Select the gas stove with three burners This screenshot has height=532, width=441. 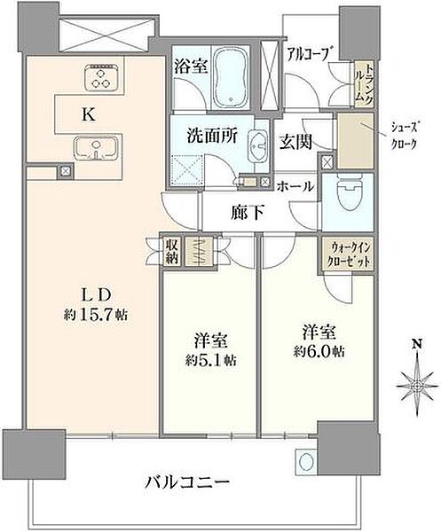tap(101, 78)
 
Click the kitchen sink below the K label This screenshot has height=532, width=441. tap(98, 149)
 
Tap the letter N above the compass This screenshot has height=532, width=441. tap(418, 344)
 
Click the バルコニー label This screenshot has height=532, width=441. tap(187, 482)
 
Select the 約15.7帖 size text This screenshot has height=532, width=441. tap(96, 315)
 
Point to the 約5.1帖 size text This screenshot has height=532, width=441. tap(211, 360)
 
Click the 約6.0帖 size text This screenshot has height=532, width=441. tap(319, 351)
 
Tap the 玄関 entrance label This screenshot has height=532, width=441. tap(295, 142)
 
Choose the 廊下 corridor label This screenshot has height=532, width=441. tap(248, 213)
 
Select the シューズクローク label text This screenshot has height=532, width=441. tap(404, 136)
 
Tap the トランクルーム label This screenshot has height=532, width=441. tap(365, 83)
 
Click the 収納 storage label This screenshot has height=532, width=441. tap(172, 252)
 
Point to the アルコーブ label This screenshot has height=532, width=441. tap(308, 54)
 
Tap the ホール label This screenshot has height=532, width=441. tap(295, 186)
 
